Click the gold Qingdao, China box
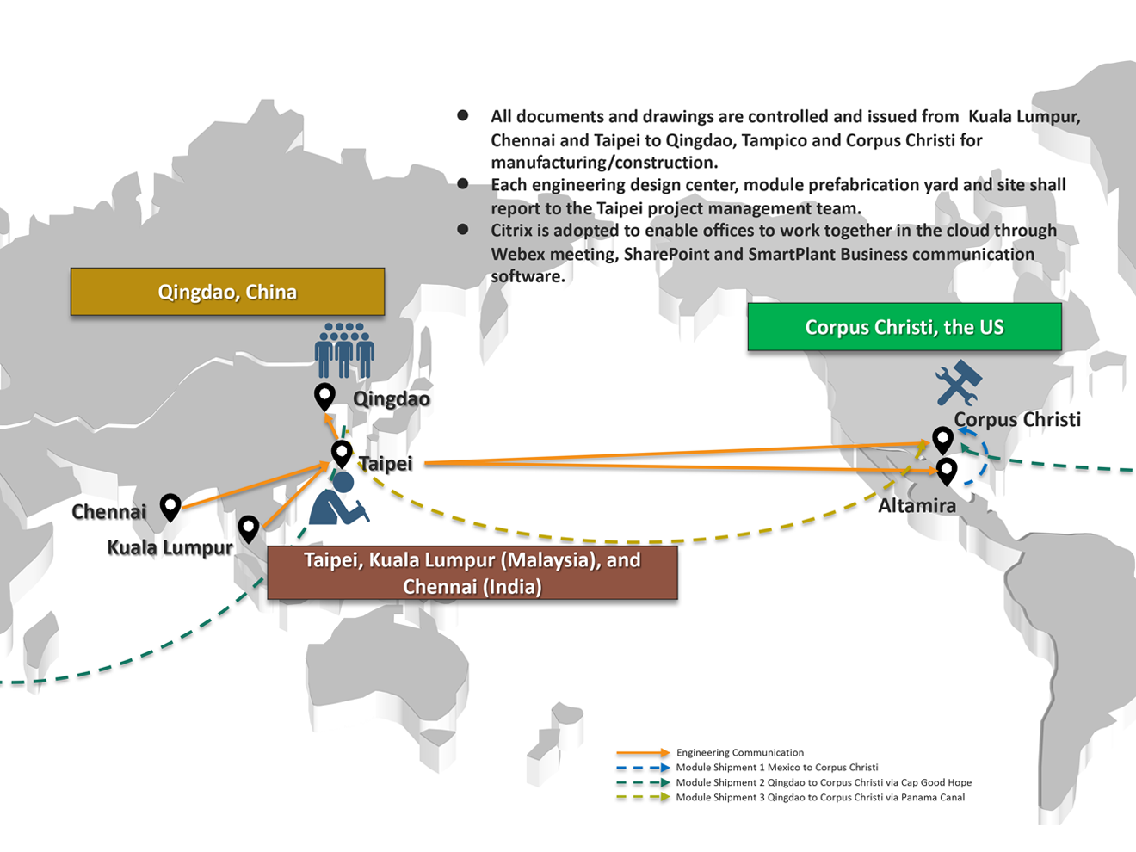point(228,292)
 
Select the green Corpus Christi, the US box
point(904,327)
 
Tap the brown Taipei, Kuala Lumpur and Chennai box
point(472,573)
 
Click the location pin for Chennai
point(170,507)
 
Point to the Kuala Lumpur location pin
point(249,528)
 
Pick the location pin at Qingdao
point(324,398)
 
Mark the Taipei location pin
point(342,454)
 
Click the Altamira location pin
point(947,472)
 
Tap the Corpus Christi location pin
point(943,441)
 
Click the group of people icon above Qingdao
point(344,350)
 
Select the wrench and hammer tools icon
point(959,383)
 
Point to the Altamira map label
point(917,505)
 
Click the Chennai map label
point(109,511)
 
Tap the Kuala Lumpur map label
point(170,548)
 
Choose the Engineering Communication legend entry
point(740,752)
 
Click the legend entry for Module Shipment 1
point(777,767)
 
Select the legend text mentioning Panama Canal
point(820,797)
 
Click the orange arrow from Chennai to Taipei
point(256,485)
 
